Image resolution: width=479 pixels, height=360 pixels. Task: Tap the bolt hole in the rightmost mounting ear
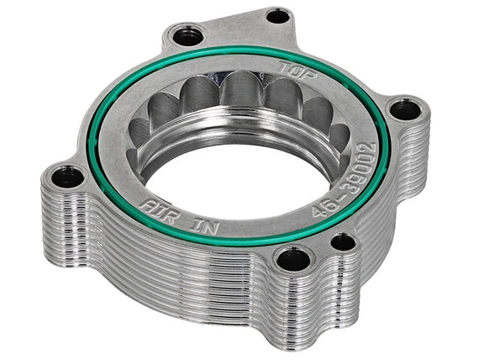[x=406, y=109]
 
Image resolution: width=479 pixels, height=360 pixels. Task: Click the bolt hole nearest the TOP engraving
[x=278, y=15]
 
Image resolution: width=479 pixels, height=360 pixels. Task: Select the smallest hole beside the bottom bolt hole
[x=343, y=242]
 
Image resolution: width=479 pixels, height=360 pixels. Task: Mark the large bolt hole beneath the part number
[x=293, y=258]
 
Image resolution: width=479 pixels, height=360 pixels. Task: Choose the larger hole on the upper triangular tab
[x=185, y=36]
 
